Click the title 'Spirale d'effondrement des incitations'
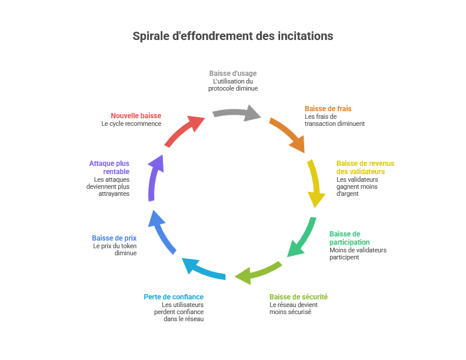(x=233, y=36)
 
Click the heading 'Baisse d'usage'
(x=233, y=74)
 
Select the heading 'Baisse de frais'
(x=328, y=109)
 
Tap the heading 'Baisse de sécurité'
(x=298, y=297)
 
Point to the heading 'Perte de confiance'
(x=174, y=297)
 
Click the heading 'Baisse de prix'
(x=114, y=238)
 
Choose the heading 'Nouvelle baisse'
(x=136, y=116)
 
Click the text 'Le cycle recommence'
(x=131, y=124)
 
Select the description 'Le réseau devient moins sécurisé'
(x=294, y=308)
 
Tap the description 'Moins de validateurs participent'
(x=358, y=254)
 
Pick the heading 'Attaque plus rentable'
(x=109, y=167)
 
